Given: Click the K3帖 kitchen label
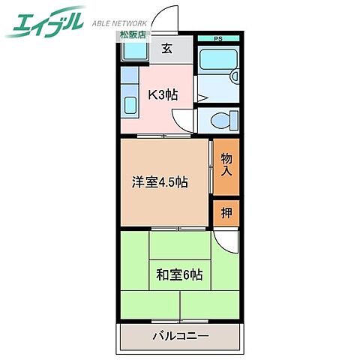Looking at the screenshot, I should [x=161, y=95].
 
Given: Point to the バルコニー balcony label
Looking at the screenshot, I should [x=179, y=335].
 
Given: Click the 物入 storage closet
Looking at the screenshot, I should [x=226, y=165].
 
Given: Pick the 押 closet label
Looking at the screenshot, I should [x=226, y=213].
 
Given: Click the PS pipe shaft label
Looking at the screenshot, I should [x=218, y=39].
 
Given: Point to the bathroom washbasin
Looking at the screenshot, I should [x=235, y=75].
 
